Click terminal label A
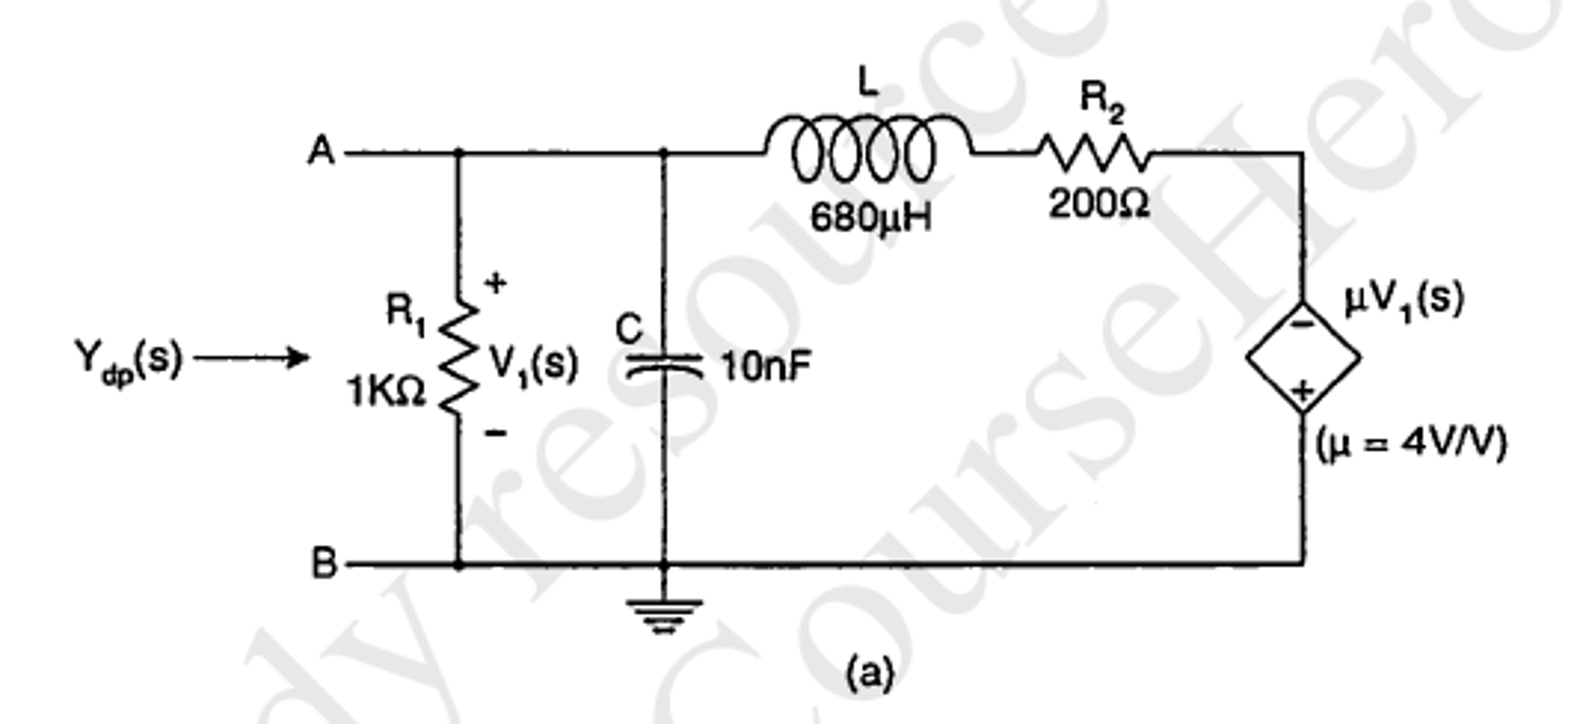tap(321, 151)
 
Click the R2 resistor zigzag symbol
tap(1093, 153)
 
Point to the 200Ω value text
tap(1098, 204)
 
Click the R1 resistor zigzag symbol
tap(459, 356)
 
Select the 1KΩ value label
tap(386, 392)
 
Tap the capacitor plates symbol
tap(664, 365)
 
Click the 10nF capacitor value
tap(765, 366)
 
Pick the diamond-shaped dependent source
tap(1303, 358)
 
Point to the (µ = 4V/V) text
tap(1410, 444)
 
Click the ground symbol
tap(664, 615)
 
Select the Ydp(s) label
tap(128, 360)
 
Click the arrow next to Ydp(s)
tap(252, 358)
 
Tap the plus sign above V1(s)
tap(495, 284)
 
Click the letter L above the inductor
tap(868, 81)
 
